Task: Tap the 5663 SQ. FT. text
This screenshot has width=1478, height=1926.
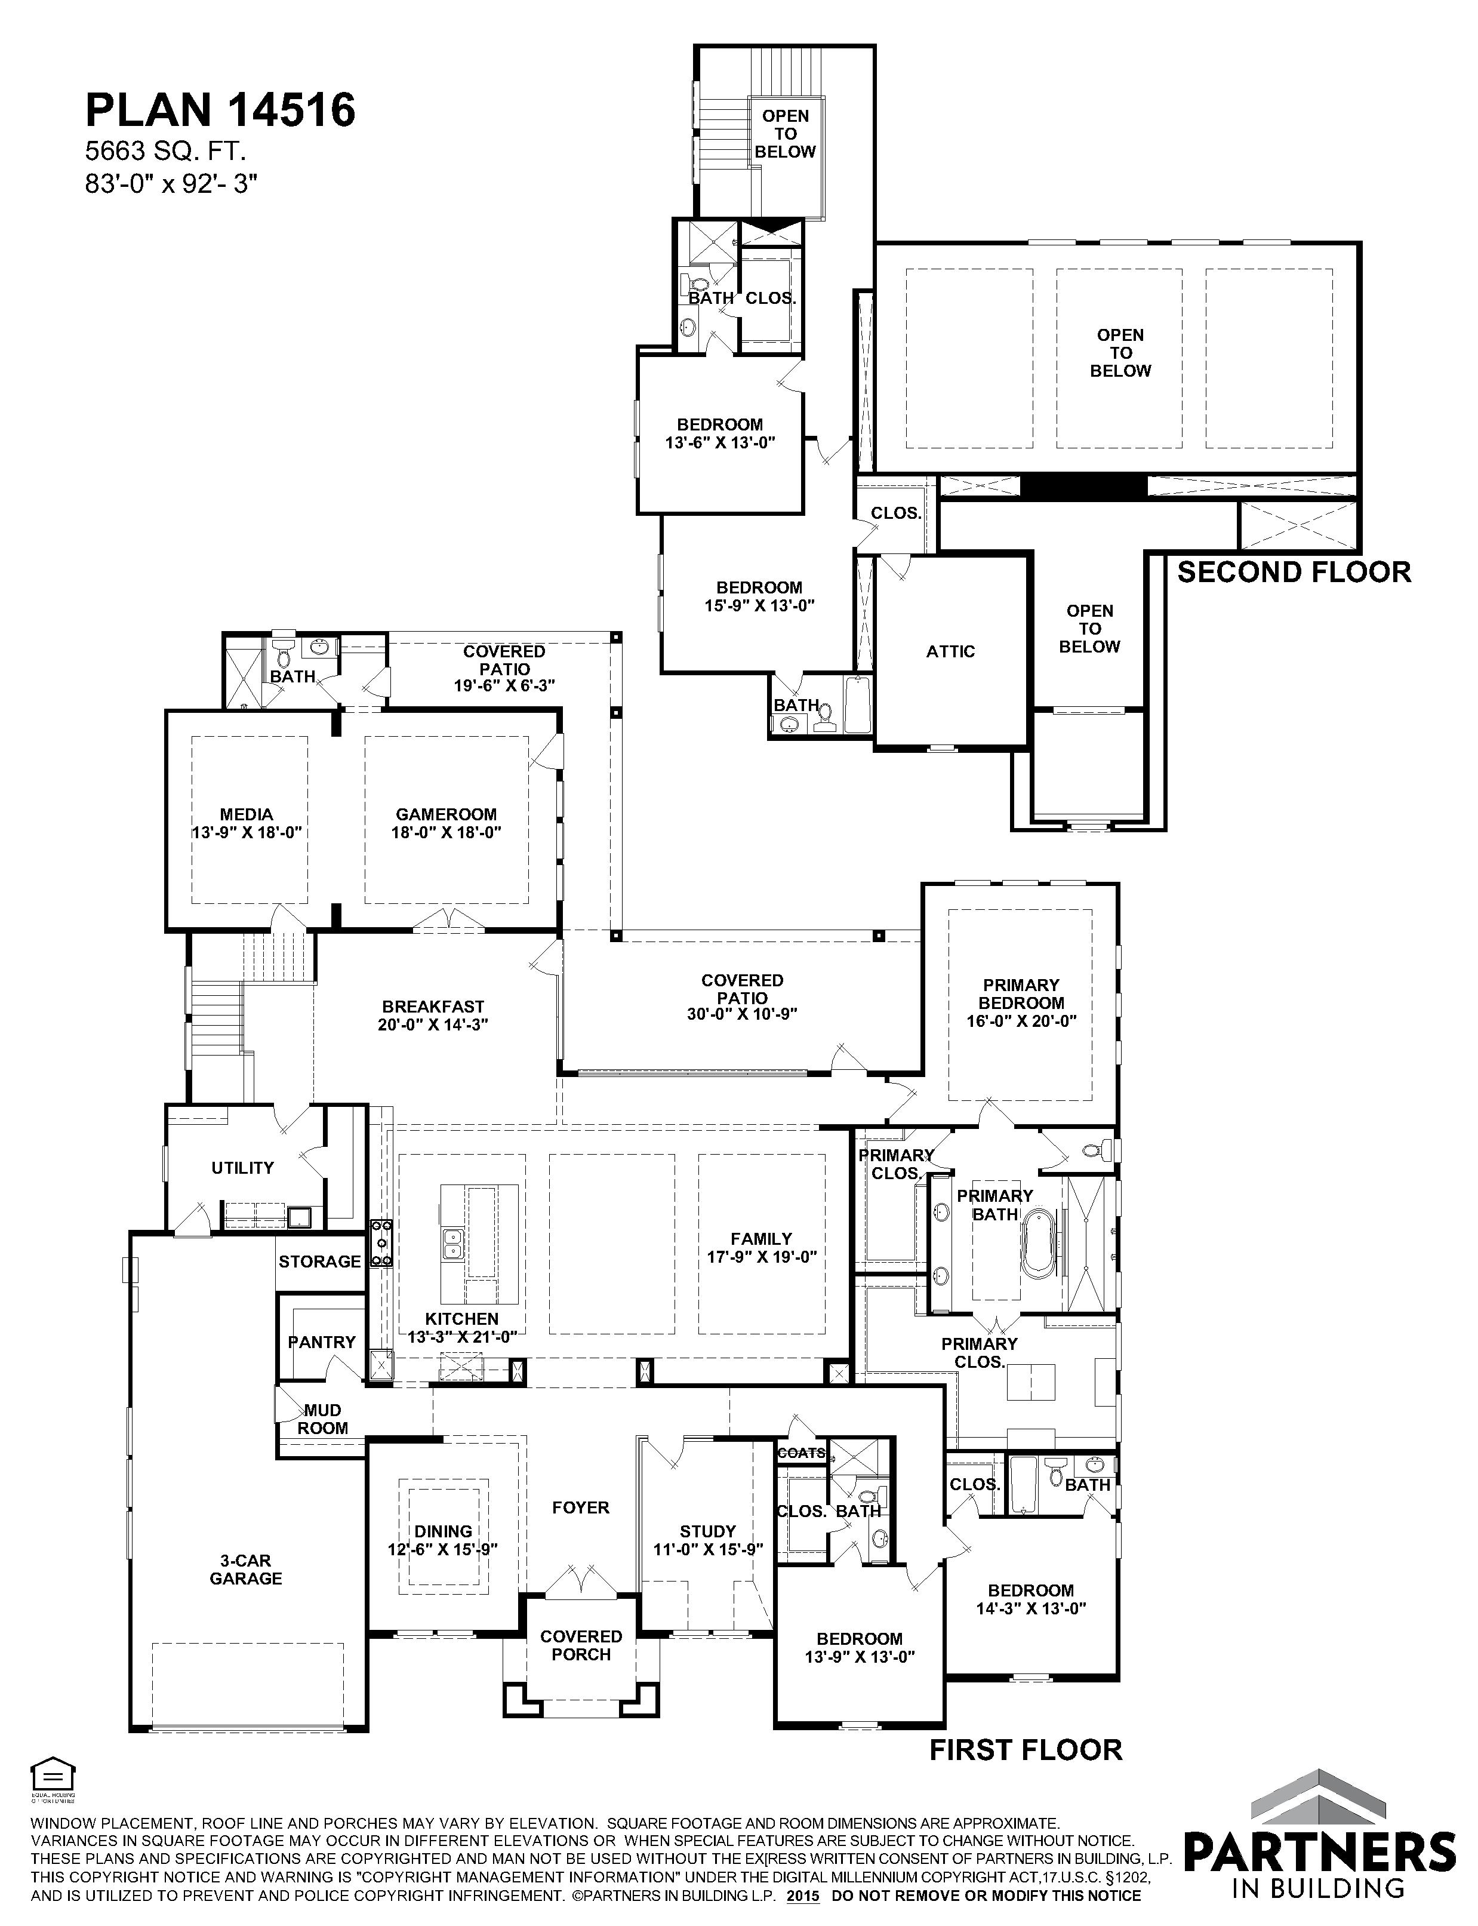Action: [x=165, y=152]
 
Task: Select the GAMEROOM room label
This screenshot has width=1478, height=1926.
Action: [x=446, y=823]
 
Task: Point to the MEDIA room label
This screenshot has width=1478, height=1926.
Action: [x=247, y=823]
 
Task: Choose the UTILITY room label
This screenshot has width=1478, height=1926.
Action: [x=243, y=1168]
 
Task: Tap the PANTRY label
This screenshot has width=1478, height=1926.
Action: [x=322, y=1342]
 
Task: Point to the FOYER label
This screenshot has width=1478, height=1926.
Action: [x=581, y=1507]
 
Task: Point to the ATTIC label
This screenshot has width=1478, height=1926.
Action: [x=951, y=651]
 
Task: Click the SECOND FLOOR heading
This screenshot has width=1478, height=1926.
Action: [x=1294, y=572]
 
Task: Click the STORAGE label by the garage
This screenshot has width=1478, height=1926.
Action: [x=320, y=1261]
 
